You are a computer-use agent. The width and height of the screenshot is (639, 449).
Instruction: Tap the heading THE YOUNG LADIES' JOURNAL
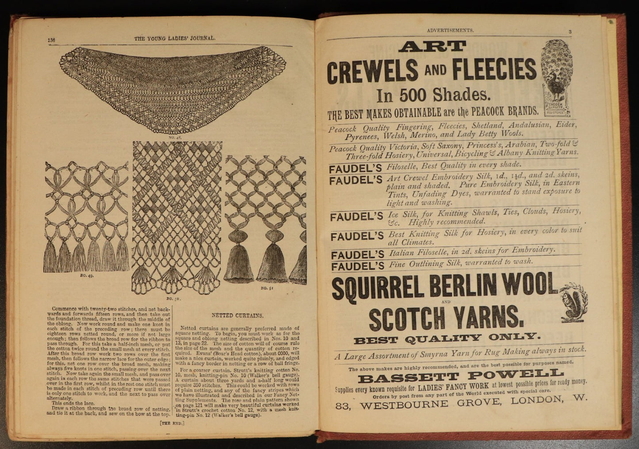175,38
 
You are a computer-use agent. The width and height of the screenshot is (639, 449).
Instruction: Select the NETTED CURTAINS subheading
237,316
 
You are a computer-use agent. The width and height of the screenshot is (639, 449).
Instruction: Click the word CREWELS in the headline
372,71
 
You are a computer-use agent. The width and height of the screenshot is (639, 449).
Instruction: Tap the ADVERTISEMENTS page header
450,31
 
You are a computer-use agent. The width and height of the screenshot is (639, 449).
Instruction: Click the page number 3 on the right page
570,31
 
